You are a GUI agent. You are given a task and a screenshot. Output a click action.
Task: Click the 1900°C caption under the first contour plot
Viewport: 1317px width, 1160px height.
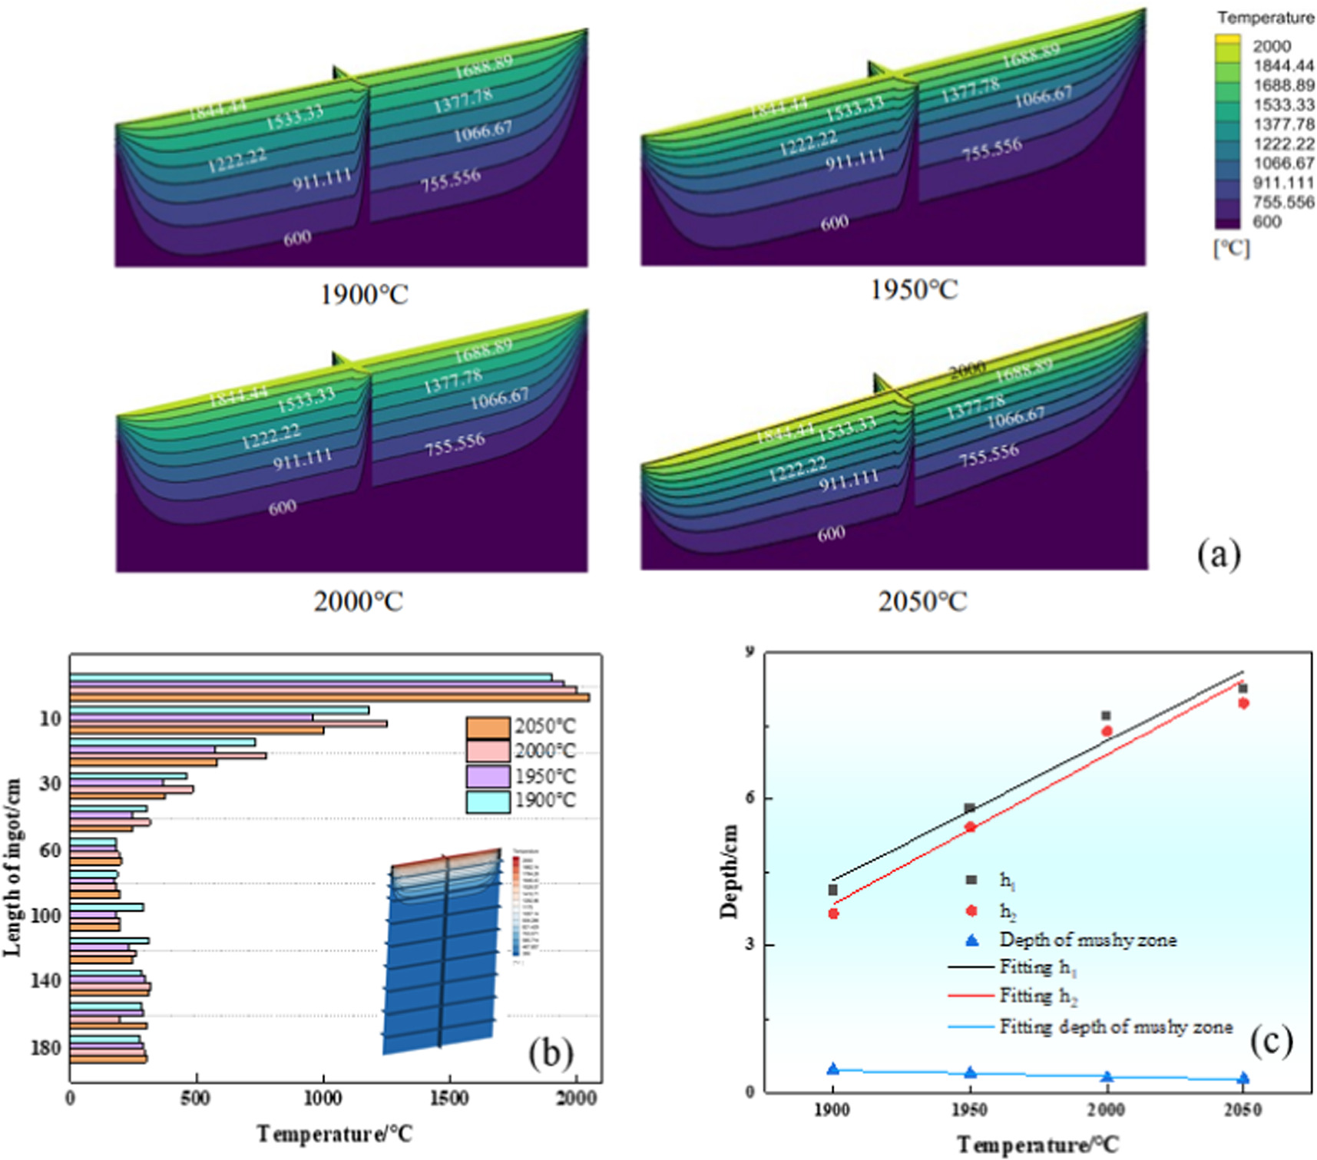click(x=364, y=294)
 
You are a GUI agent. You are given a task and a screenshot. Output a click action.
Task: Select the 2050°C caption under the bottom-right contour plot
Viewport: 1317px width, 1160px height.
click(x=922, y=601)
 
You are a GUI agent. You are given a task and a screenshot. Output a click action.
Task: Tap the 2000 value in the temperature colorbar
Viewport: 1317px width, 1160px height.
click(x=1272, y=46)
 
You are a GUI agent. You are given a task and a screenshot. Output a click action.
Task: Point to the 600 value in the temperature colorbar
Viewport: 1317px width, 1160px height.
click(x=1267, y=222)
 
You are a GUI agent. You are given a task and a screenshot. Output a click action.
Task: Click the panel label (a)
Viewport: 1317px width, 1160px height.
click(x=1219, y=554)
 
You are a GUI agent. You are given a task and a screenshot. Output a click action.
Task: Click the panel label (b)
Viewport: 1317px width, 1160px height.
click(x=550, y=1053)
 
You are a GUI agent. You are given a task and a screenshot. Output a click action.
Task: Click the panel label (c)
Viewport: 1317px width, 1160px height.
click(x=1271, y=1040)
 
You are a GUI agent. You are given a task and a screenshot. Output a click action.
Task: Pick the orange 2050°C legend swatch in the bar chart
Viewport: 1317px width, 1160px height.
click(x=488, y=727)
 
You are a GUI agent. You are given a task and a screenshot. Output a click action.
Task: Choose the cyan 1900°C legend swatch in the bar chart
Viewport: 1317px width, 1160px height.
click(x=488, y=801)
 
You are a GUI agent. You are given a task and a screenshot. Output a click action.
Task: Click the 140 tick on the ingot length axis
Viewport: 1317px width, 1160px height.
click(x=45, y=980)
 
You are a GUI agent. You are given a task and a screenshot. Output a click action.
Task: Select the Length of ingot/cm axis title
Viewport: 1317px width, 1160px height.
click(x=12, y=867)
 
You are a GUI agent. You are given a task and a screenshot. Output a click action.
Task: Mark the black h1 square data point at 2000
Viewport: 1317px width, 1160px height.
click(x=1106, y=715)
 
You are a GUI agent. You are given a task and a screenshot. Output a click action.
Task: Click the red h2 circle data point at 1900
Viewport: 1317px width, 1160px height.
click(x=833, y=914)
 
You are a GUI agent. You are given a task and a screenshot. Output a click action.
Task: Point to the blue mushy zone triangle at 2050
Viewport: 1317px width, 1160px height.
click(x=1243, y=1079)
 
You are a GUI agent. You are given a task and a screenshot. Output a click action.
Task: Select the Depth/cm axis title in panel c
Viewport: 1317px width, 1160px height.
click(x=729, y=871)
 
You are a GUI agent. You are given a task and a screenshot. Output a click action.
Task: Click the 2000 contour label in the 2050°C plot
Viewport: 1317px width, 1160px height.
click(x=967, y=370)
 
